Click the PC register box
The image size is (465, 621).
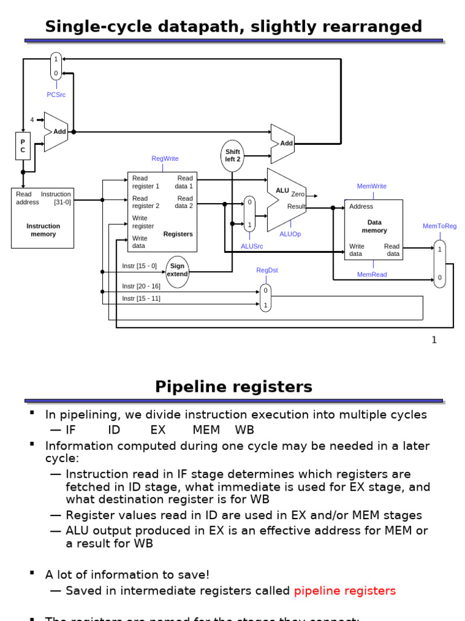tap(23, 146)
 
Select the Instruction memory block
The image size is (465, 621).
tap(42, 218)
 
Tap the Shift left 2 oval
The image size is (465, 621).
tap(232, 156)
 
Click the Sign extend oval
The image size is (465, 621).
tap(177, 270)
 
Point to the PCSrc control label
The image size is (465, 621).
tap(56, 95)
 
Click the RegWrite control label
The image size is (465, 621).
tap(165, 159)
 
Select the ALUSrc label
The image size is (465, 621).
tap(252, 246)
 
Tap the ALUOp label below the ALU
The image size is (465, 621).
tap(290, 234)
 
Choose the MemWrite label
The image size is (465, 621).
tap(372, 186)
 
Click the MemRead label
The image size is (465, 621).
tap(372, 275)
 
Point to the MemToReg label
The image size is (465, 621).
tap(440, 226)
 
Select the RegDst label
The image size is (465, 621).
tap(267, 270)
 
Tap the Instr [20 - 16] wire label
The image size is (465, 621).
tap(141, 286)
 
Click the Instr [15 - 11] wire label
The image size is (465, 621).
tap(141, 298)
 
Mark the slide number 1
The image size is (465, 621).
tap(434, 340)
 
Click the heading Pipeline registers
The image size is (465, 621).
tap(234, 387)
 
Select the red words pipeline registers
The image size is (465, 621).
tap(345, 591)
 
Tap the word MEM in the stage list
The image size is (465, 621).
tap(206, 430)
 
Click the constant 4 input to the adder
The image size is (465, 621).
tap(32, 120)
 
